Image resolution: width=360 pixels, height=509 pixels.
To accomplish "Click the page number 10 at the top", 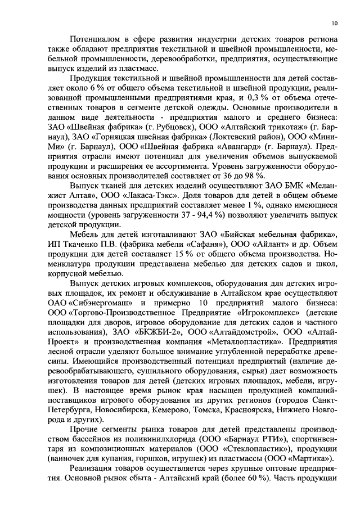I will [335, 23].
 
